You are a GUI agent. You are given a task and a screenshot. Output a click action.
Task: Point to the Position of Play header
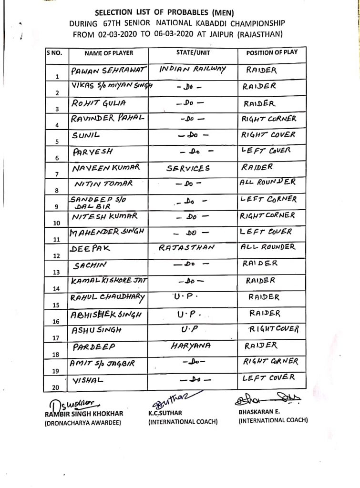[272, 53]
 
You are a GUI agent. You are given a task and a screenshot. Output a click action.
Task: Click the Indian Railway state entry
[192, 69]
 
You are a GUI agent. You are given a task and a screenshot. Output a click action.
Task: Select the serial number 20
[57, 387]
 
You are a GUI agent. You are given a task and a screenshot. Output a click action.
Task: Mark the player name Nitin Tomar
[103, 184]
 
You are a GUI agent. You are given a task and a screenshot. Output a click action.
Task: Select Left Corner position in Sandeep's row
[269, 199]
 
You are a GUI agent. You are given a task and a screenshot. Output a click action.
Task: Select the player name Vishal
[88, 381]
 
